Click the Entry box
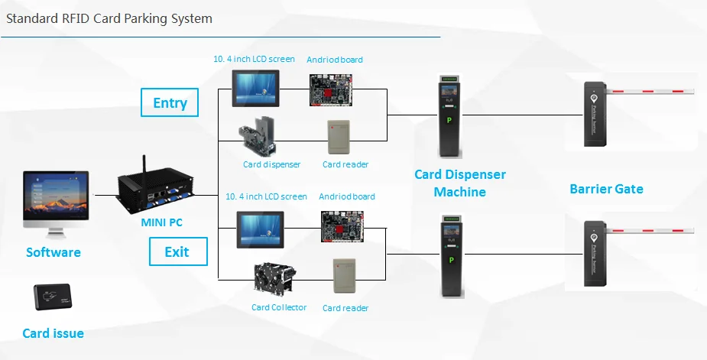170,102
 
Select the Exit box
179,251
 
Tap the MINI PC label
161,222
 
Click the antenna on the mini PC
145,167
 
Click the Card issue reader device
53,297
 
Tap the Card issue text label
54,333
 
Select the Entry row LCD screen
255,89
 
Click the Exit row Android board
342,226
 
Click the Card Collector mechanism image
274,278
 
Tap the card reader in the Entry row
339,137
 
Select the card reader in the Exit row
345,276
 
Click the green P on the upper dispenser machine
449,121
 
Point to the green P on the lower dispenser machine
450,261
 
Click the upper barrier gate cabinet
595,114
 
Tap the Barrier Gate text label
606,189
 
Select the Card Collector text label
279,307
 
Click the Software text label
54,252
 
